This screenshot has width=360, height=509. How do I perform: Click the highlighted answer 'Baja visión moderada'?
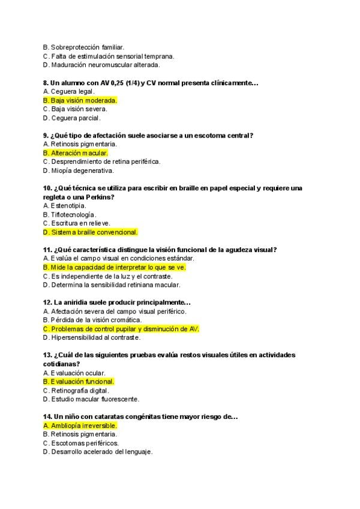80,100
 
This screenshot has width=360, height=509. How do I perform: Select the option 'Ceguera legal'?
69,91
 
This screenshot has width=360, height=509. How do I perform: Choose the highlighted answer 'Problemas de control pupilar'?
121,329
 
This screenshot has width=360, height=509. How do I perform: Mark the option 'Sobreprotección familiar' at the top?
83,47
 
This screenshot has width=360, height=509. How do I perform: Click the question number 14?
47,416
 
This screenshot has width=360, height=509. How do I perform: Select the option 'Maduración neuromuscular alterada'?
101,65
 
